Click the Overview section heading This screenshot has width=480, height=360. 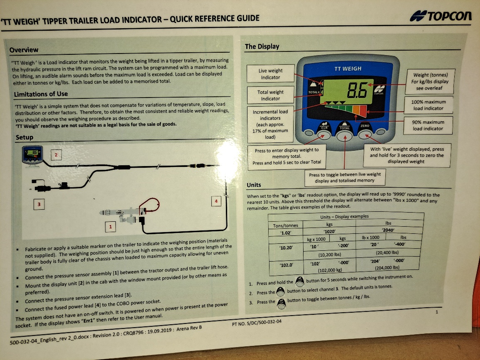(24, 50)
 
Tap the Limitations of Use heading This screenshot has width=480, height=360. (41, 94)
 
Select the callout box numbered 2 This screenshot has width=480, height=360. (56, 155)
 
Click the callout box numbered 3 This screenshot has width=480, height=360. (39, 204)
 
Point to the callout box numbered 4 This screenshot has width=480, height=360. (216, 201)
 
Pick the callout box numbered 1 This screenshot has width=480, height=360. (110, 227)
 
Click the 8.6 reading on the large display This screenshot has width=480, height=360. (357, 90)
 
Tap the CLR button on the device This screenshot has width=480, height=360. (324, 134)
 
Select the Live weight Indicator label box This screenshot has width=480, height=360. (271, 74)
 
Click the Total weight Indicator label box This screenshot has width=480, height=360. (271, 95)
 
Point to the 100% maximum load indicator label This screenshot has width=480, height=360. (428, 105)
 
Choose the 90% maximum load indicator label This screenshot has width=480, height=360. (428, 125)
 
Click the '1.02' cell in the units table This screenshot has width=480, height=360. (285, 233)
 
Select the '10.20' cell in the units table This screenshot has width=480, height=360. (286, 247)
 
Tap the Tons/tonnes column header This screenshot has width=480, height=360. (285, 225)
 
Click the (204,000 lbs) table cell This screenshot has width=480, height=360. (387, 267)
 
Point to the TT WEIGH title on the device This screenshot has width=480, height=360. (348, 69)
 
